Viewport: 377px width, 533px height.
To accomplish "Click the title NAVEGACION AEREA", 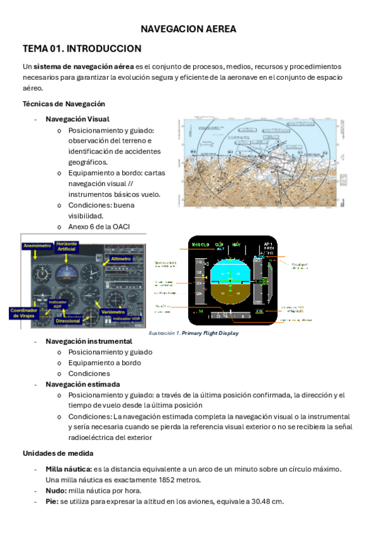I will [188, 29].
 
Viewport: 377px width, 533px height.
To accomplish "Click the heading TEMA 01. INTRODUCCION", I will [82, 48].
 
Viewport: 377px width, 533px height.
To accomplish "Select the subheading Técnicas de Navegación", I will [64, 104].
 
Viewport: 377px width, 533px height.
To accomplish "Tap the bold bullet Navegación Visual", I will [77, 119].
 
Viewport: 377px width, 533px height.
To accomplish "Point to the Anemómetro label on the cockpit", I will [37, 246].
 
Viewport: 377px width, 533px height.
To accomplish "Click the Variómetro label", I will [113, 311].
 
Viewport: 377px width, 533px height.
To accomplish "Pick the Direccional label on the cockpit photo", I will [67, 321].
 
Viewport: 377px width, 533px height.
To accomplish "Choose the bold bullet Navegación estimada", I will [82, 384].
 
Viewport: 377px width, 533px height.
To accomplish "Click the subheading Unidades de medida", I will [59, 453].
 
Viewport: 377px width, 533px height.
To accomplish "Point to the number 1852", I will [154, 480].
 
